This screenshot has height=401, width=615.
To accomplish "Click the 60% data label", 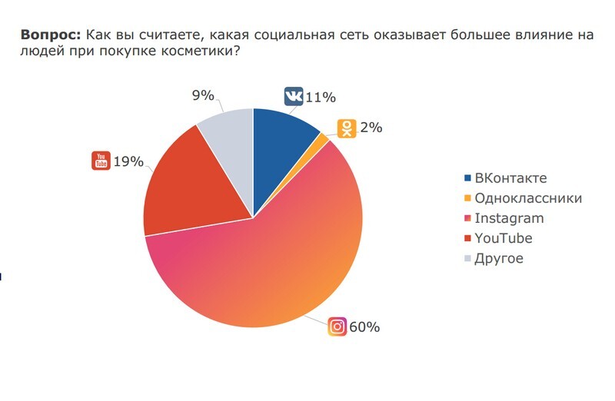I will (364, 327).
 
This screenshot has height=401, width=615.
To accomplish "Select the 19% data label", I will (128, 161).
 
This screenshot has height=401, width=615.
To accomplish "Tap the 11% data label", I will (321, 98).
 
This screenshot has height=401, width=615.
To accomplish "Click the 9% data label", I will (202, 96).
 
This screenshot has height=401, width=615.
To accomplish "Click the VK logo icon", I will (294, 97).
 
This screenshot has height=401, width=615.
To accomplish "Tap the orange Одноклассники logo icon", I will (348, 128).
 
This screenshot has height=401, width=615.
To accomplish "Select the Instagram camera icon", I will (337, 326).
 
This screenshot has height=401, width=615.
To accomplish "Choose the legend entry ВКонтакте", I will (510, 178).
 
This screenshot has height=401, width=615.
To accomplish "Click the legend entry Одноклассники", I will (527, 198).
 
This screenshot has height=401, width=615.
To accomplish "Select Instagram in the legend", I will (510, 218).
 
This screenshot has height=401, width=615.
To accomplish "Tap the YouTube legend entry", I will (503, 238).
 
